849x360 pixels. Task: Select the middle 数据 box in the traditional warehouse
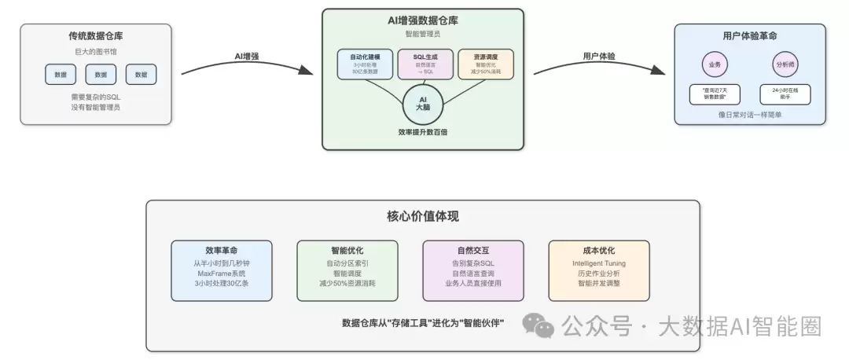click(x=101, y=75)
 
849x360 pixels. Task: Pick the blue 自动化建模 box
click(x=365, y=64)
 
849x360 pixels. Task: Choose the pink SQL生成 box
click(x=424, y=64)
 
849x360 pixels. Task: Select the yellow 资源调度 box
click(x=484, y=64)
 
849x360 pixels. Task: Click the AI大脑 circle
click(x=423, y=103)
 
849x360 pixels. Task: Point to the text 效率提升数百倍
click(x=423, y=132)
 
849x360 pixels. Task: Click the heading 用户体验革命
click(x=750, y=35)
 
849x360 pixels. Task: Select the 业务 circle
click(x=715, y=64)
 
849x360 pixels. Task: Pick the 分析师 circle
click(x=785, y=64)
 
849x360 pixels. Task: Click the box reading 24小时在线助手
click(x=785, y=94)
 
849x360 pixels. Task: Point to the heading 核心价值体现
click(x=423, y=216)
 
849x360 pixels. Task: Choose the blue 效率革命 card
click(x=222, y=270)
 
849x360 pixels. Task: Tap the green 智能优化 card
click(x=347, y=270)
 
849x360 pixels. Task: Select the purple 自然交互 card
click(x=472, y=270)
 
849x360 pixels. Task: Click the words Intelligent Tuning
click(x=598, y=261)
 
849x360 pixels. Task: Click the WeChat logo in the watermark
click(x=539, y=325)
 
